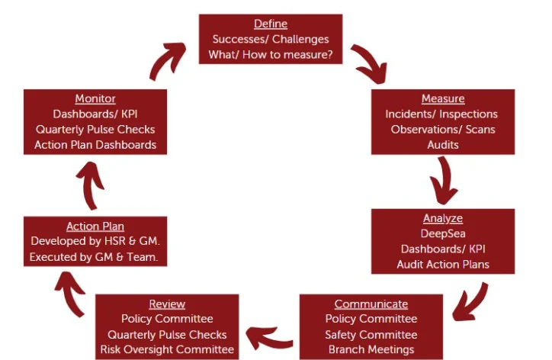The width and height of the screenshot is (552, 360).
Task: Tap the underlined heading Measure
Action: click(x=443, y=99)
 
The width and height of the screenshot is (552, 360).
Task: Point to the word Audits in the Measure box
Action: click(x=443, y=144)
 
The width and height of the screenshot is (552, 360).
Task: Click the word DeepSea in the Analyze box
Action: click(x=443, y=234)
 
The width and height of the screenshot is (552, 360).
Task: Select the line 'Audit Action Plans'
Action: click(x=443, y=265)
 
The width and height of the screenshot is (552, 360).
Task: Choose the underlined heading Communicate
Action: click(x=371, y=304)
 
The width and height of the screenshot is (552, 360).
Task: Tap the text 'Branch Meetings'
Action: click(x=371, y=349)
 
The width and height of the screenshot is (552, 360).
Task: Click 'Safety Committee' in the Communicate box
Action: click(x=371, y=334)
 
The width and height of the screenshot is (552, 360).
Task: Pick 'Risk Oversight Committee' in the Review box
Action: click(x=167, y=349)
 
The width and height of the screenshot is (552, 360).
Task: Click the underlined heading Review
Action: click(x=167, y=304)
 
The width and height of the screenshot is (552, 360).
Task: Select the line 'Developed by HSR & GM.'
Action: click(x=95, y=242)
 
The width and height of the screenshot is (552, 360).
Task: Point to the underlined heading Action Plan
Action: click(x=95, y=227)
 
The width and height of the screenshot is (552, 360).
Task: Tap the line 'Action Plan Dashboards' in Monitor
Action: click(x=96, y=144)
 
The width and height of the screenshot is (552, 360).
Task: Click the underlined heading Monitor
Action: click(x=95, y=99)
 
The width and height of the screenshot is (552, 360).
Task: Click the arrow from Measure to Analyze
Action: click(x=444, y=182)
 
